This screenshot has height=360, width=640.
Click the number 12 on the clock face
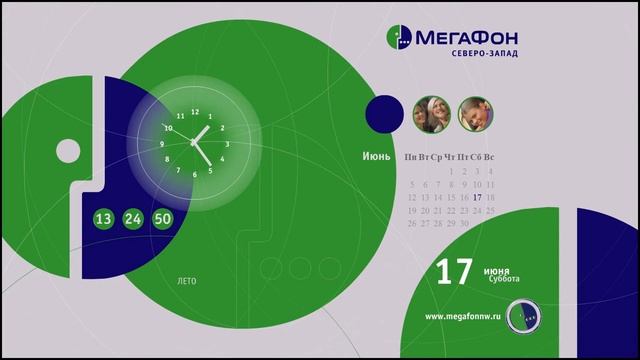point(194,111)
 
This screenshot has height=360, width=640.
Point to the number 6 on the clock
point(194,176)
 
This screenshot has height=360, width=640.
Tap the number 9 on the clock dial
point(162,144)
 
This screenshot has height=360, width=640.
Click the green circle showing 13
point(104,218)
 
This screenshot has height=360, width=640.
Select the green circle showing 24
point(134,218)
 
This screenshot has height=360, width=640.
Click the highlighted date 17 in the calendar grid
point(478,197)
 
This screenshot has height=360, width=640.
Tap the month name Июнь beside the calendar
point(377,157)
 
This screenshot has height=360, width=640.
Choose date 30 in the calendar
point(464,224)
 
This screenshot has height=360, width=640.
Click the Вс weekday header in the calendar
point(490,158)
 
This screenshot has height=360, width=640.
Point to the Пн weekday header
point(411,158)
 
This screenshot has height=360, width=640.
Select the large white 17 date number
point(455,274)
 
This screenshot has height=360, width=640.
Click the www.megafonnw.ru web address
point(461,317)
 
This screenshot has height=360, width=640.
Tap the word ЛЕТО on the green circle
point(185,281)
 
